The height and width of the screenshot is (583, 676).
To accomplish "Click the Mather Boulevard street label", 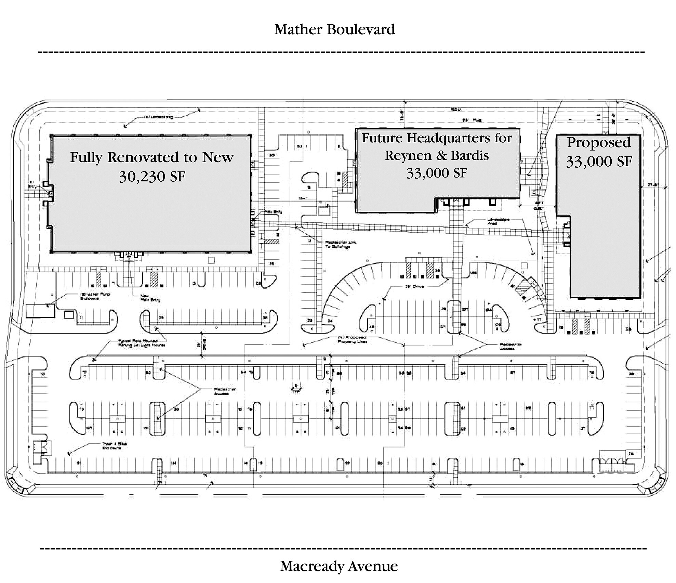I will click(334, 29).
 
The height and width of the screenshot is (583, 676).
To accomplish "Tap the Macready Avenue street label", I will click(339, 566).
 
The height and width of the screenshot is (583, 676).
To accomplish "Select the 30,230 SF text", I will click(152, 177).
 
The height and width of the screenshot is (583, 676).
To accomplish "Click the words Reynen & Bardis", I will click(437, 156).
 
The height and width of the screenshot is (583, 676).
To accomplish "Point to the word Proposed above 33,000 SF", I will click(598, 142).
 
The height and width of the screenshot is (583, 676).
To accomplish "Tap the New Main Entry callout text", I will click(150, 298).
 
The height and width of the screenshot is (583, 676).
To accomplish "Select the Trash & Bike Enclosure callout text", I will click(115, 446).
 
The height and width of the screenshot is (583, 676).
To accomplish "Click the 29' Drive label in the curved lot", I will click(414, 286).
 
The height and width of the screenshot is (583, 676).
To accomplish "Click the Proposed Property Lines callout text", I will click(352, 339).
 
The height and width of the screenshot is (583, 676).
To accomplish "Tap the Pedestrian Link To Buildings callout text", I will click(337, 244).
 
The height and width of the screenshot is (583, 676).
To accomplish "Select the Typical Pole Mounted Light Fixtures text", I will click(142, 343).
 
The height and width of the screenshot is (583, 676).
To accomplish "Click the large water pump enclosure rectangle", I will click(40, 311).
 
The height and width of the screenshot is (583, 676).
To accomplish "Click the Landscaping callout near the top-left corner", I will click(158, 117).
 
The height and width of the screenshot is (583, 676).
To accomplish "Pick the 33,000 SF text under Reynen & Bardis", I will click(437, 173).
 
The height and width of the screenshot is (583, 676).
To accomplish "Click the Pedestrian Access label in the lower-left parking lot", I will click(225, 391).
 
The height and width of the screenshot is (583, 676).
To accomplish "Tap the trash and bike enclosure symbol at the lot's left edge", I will click(41, 448).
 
